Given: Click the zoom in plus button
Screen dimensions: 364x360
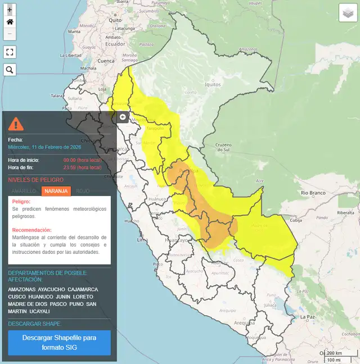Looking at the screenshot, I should pos(10,10).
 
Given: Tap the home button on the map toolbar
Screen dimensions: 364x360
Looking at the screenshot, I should pos(10,22).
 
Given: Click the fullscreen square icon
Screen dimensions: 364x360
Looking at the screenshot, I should pos(10,52).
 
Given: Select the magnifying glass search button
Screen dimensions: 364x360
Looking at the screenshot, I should pos(10,70).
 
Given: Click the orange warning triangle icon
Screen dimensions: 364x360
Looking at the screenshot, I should pos(16,123).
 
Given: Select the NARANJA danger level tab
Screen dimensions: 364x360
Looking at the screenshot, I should pos(56,191).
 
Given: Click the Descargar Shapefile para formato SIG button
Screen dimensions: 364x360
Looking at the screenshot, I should pos(59,343).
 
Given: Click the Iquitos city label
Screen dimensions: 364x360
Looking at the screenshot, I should pos(213,85).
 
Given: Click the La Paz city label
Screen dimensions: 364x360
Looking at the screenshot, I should pos(307,317).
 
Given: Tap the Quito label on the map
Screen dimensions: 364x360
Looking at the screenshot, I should pos(115,20).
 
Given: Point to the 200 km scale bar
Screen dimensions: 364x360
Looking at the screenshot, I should pos(334,353).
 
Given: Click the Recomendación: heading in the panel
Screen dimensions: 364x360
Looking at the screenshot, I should pos(32,230).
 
